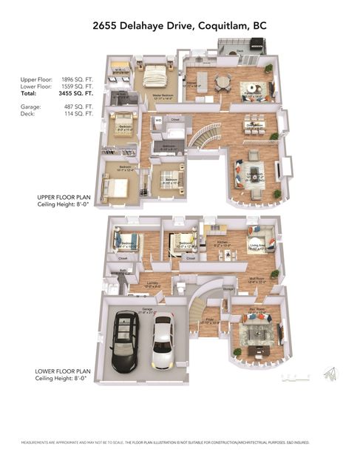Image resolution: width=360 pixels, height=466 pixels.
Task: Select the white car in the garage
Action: [x=162, y=345]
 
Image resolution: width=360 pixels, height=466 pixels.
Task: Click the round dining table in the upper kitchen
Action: [x=223, y=81]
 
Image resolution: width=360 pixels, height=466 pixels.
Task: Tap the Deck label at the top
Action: [x=240, y=51]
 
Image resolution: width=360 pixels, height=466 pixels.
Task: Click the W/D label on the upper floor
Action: [x=158, y=118]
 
